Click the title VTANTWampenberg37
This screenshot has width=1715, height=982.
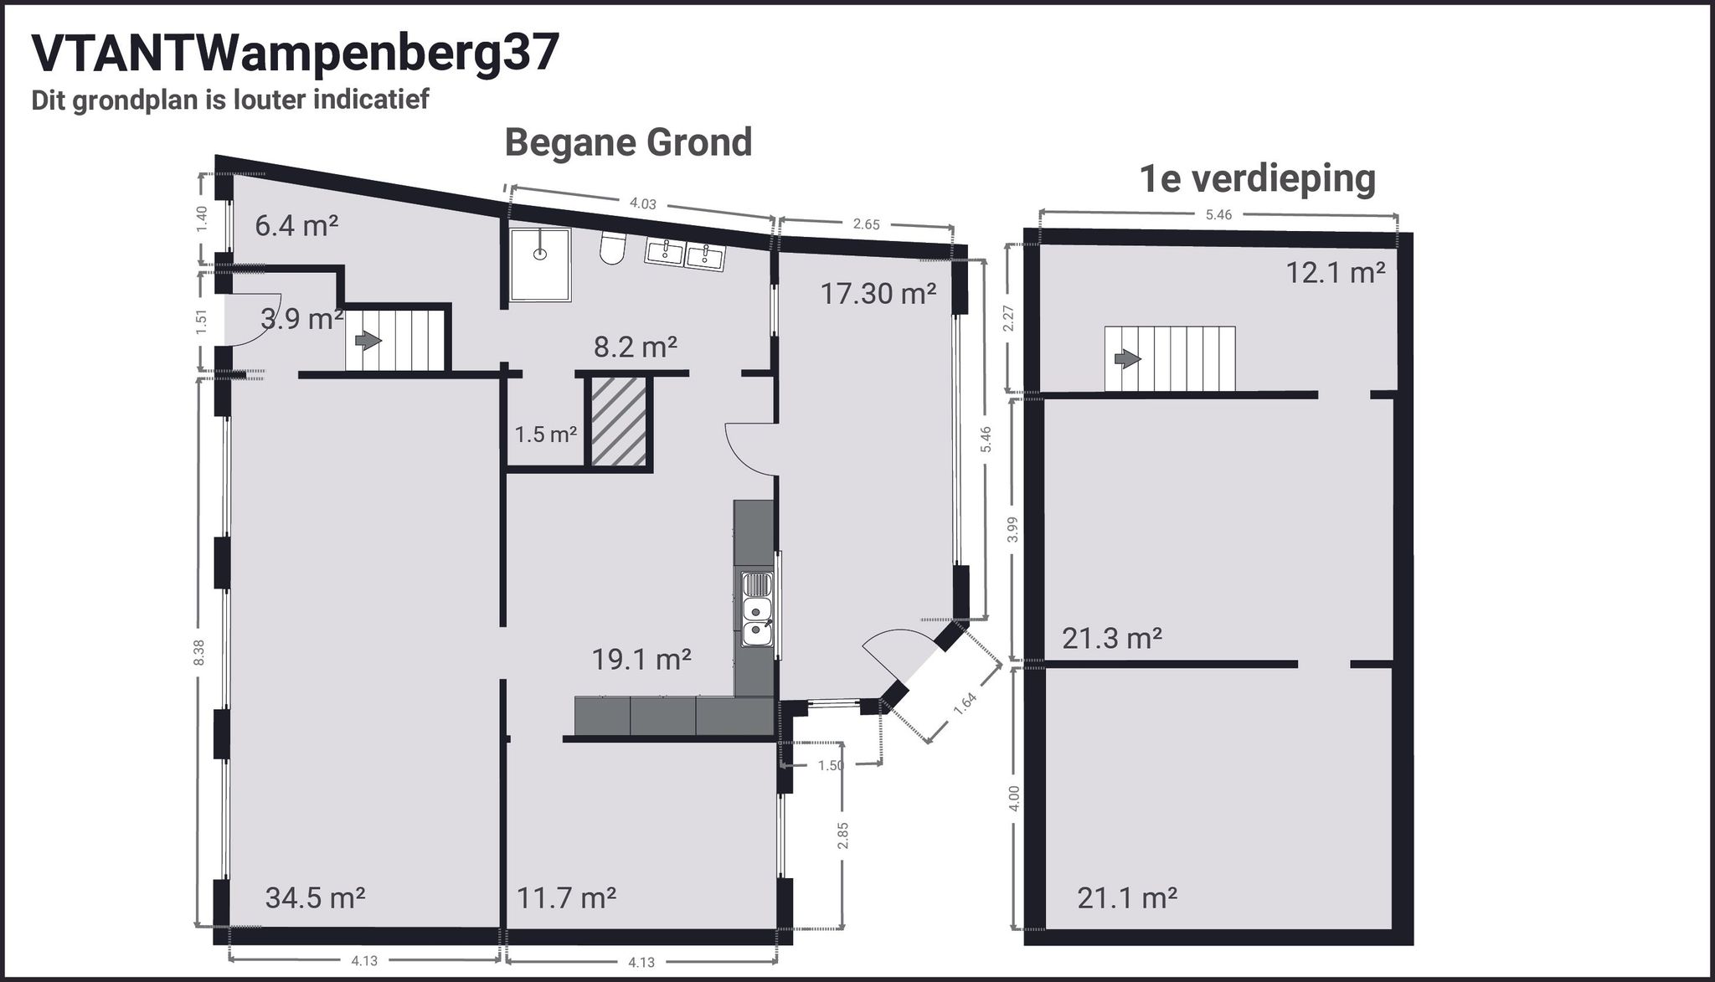pyautogui.click(x=295, y=54)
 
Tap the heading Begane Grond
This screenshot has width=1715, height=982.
pyautogui.click(x=628, y=142)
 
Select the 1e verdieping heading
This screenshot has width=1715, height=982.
pyautogui.click(x=1258, y=178)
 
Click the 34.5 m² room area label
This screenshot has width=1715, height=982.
pyautogui.click(x=315, y=898)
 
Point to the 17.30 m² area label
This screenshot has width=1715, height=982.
pyautogui.click(x=878, y=294)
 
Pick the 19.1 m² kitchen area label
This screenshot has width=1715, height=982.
pyautogui.click(x=641, y=660)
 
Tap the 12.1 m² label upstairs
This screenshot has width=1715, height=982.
pyautogui.click(x=1336, y=273)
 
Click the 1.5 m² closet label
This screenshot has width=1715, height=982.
pyautogui.click(x=545, y=434)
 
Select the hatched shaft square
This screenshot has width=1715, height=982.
pyautogui.click(x=618, y=421)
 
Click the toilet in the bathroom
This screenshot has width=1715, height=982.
pyautogui.click(x=613, y=248)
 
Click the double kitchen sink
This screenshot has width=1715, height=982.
pyautogui.click(x=757, y=621)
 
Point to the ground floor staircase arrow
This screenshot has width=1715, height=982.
pyautogui.click(x=368, y=341)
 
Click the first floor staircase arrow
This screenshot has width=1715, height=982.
pyautogui.click(x=1127, y=359)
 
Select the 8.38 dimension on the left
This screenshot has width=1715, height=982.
pyautogui.click(x=198, y=653)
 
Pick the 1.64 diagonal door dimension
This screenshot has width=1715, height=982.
pyautogui.click(x=965, y=702)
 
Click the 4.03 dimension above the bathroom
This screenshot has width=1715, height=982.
pyautogui.click(x=642, y=203)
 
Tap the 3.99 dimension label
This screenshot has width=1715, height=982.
pyautogui.click(x=1012, y=530)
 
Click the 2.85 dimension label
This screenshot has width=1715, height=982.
pyautogui.click(x=843, y=835)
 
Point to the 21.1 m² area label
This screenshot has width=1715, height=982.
pyautogui.click(x=1127, y=898)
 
